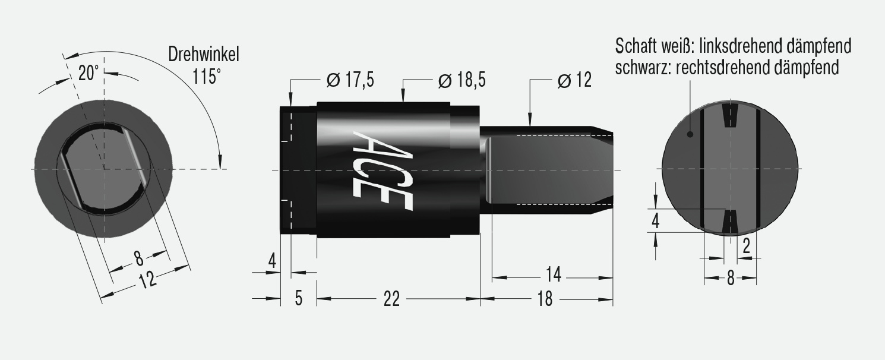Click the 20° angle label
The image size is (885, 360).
point(88,73)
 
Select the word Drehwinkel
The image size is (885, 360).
point(203,55)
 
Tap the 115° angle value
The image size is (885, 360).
point(206,77)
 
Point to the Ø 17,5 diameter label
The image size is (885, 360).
point(350,80)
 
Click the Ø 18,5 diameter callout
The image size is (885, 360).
point(462,80)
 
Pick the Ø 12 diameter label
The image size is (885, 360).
point(574,80)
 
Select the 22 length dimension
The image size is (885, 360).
point(391,299)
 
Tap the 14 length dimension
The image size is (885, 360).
point(553,276)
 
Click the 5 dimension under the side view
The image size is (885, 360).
point(298,298)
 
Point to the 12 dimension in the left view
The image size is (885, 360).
point(146,279)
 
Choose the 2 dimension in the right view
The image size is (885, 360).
point(747,246)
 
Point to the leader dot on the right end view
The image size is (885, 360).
point(690,134)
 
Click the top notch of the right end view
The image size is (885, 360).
point(730,116)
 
